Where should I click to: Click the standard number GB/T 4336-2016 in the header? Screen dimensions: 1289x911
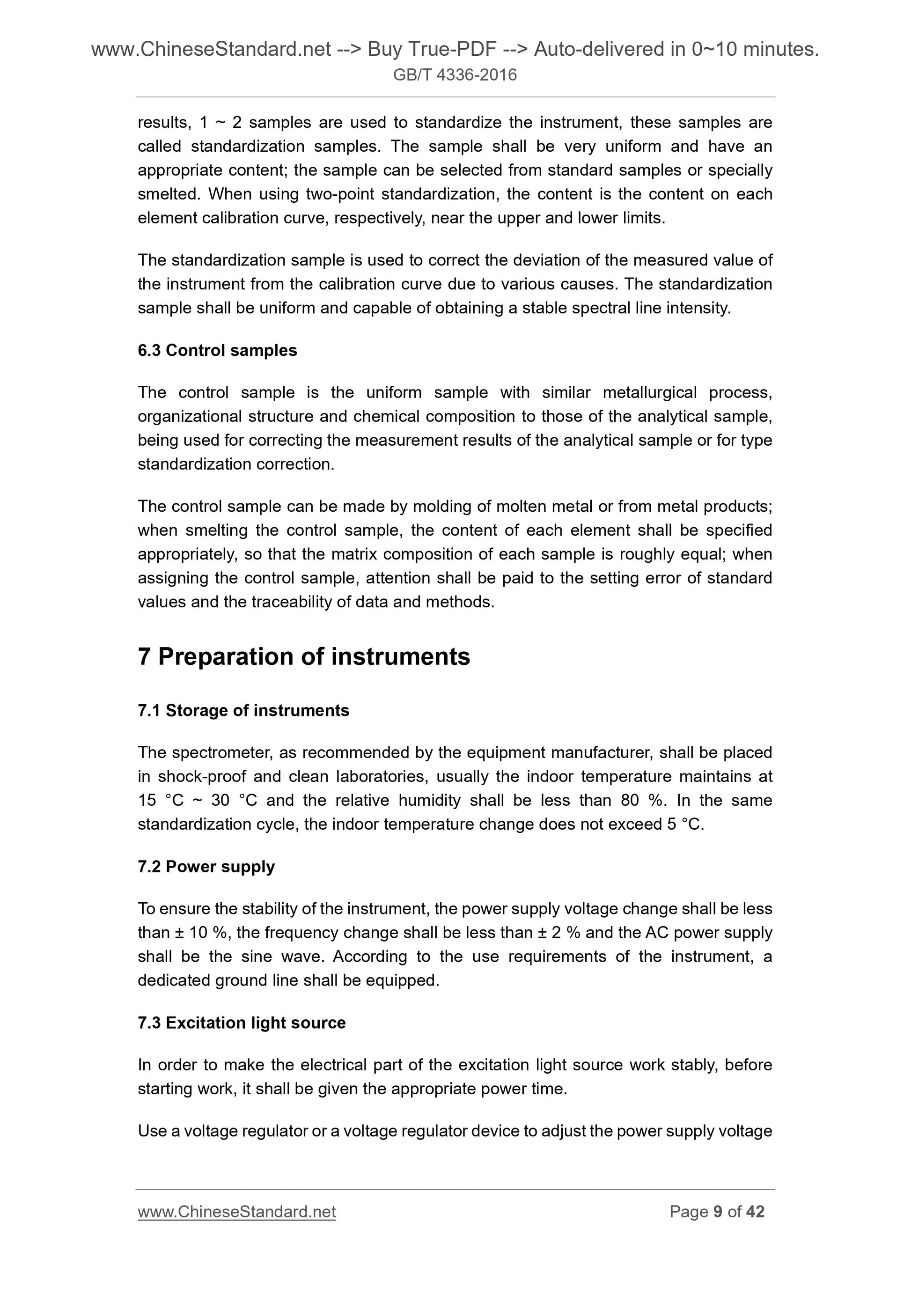455,74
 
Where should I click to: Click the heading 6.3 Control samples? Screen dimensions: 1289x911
217,350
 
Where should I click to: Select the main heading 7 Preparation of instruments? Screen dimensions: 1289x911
304,656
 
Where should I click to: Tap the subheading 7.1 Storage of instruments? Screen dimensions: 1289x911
243,710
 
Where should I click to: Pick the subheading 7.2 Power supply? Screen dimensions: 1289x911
206,866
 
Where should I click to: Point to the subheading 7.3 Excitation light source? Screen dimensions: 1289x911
242,1022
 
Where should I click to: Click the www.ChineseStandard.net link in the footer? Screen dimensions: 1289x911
236,1212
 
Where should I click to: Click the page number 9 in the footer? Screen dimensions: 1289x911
717,1212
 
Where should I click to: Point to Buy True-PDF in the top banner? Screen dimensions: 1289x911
432,50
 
